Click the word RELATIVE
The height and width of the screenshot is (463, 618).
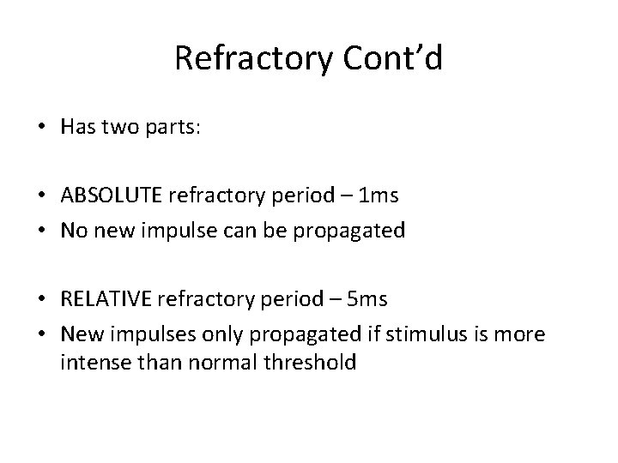pyautogui.click(x=106, y=300)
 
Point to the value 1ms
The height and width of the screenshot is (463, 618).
pyautogui.click(x=379, y=195)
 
